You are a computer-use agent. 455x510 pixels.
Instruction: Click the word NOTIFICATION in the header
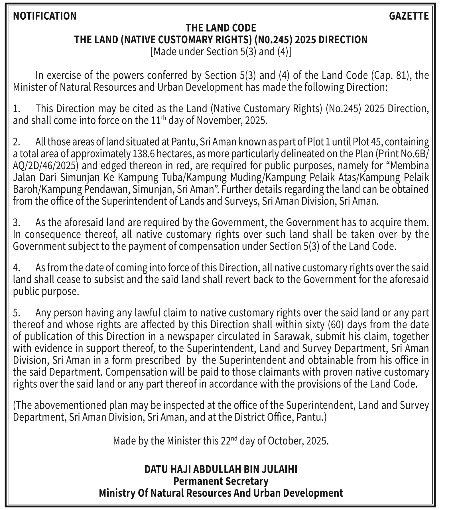45,16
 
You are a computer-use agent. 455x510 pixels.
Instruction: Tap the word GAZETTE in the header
409,16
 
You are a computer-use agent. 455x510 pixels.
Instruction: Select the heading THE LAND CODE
221,28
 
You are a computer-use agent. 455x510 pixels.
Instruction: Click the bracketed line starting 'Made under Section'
221,52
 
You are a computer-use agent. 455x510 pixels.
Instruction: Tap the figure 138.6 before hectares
144,154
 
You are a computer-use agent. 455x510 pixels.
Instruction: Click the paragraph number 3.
16,223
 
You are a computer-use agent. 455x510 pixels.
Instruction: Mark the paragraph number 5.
16,313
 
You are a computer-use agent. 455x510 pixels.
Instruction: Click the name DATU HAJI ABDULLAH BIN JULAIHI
221,469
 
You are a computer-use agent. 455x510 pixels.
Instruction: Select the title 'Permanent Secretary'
221,481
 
